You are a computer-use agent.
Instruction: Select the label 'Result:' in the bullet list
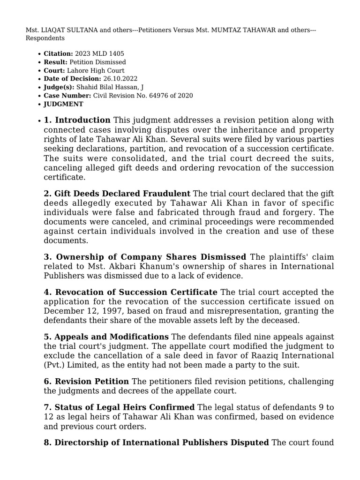click(x=55, y=62)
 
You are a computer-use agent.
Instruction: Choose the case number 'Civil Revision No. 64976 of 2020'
click(x=143, y=96)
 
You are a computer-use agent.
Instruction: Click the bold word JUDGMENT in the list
click(x=63, y=104)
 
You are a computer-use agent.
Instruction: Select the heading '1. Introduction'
click(x=77, y=120)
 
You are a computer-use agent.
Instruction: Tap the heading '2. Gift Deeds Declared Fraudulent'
click(x=117, y=194)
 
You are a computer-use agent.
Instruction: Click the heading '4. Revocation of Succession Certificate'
click(x=130, y=292)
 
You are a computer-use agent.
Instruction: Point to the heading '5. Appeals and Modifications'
click(x=106, y=337)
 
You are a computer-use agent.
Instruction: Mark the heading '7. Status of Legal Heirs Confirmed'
click(x=119, y=407)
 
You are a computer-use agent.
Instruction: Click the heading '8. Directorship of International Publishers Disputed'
click(x=157, y=442)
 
